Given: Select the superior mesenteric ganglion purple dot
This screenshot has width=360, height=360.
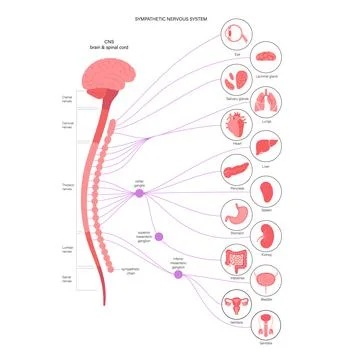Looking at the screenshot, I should click(x=158, y=237).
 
